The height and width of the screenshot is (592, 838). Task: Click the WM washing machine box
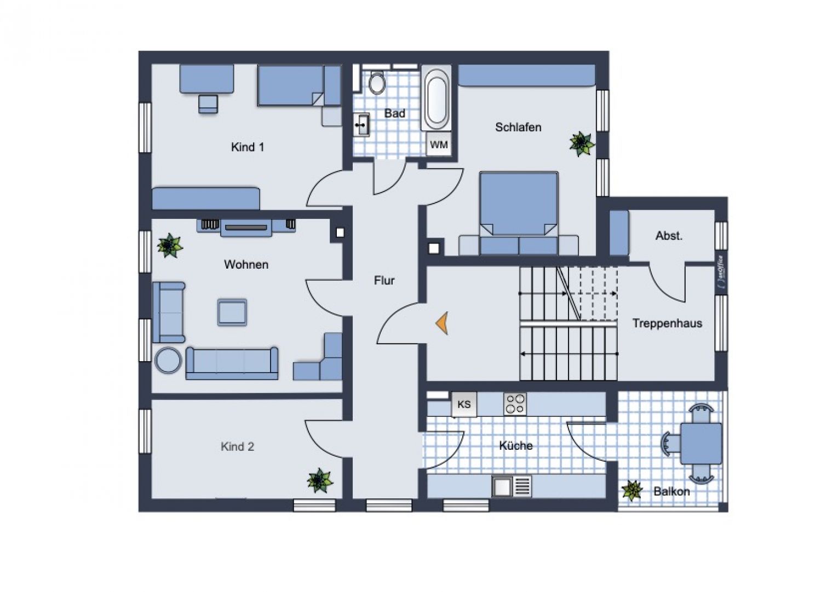click(x=439, y=145)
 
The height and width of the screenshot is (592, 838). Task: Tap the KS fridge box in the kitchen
click(x=464, y=405)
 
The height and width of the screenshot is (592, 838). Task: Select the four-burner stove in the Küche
click(x=515, y=404)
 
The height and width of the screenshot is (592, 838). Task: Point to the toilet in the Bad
click(x=377, y=83)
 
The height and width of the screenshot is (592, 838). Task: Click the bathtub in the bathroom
click(x=437, y=98)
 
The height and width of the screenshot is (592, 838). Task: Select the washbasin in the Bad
click(x=361, y=125)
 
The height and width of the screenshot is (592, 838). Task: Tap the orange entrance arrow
click(x=443, y=323)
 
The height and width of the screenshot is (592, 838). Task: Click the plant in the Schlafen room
click(x=581, y=144)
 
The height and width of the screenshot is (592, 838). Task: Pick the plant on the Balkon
click(x=632, y=490)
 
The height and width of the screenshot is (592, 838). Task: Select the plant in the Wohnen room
click(x=169, y=246)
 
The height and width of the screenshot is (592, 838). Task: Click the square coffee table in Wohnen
click(x=232, y=312)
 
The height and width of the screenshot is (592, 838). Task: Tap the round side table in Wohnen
click(x=168, y=361)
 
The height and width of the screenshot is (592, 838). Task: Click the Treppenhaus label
click(x=667, y=323)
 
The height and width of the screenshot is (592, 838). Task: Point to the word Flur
click(x=384, y=281)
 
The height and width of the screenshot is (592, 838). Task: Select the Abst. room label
click(x=669, y=236)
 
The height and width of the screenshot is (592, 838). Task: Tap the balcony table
click(x=701, y=443)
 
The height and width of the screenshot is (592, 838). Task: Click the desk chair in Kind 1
click(x=208, y=103)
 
